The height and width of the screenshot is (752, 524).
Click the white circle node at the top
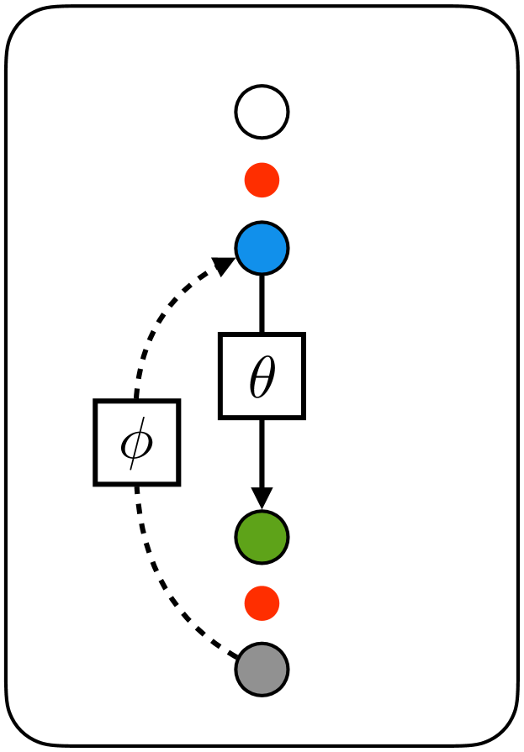[262, 111]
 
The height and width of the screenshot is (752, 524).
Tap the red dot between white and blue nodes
[262, 180]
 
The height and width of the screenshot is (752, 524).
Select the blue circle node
[262, 248]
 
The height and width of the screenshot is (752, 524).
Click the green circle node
[262, 536]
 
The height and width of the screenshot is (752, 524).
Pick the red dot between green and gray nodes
[262, 603]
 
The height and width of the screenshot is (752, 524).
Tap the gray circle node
[262, 670]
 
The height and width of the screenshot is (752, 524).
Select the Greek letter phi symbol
[136, 444]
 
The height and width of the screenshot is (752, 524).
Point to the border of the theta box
[222, 376]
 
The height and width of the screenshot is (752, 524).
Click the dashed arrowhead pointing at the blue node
[224, 266]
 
